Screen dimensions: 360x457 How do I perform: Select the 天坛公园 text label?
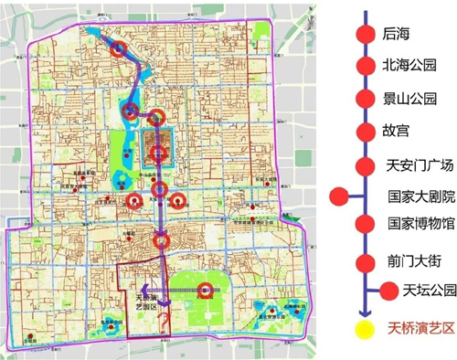427,291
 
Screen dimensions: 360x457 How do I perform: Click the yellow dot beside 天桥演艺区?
366,328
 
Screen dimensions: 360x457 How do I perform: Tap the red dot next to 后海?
366,34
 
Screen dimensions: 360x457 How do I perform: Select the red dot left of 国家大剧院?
341,195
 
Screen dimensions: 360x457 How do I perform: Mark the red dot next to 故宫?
366,130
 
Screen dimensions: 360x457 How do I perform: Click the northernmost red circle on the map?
118,50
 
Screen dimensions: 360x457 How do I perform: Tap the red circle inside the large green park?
207,291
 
